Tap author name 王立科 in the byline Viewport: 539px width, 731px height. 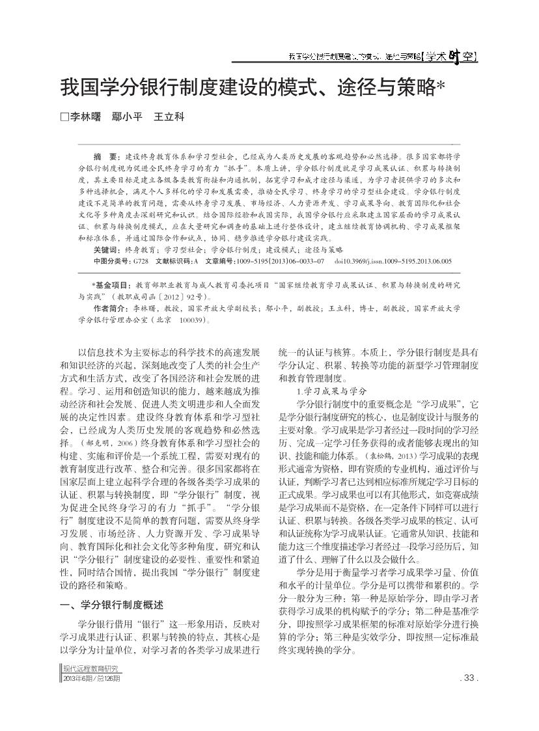[169, 117]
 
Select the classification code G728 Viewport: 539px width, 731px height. [141, 261]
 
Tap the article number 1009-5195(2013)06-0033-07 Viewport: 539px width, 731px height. [284, 261]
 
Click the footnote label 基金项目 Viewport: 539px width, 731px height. [112, 285]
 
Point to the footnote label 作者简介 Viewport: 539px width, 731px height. [110, 309]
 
